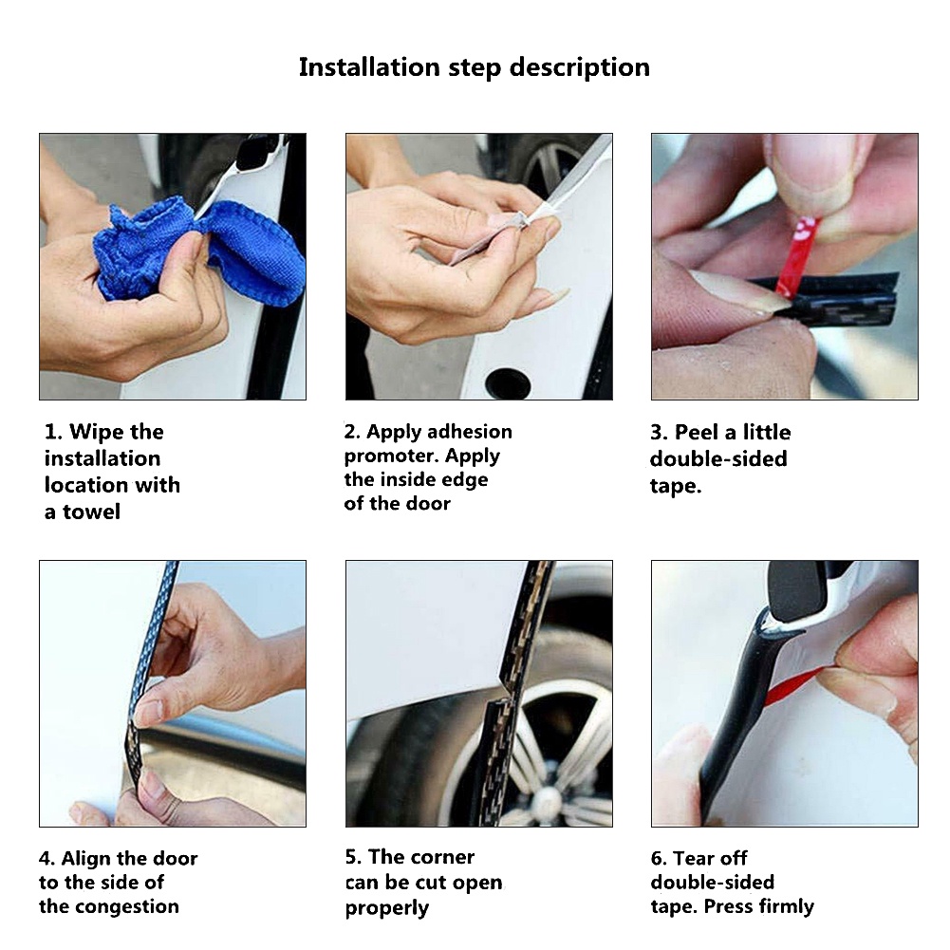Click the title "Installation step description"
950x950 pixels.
pos(475,68)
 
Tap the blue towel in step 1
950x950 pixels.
pos(200,251)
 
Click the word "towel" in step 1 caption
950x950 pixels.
pos(92,512)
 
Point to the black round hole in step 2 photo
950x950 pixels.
pos(509,382)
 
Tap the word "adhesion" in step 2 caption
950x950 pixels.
pos(470,432)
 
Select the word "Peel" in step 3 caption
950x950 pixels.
pos(697,433)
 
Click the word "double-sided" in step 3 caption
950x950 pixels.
pos(718,459)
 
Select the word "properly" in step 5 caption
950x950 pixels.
pos(387,908)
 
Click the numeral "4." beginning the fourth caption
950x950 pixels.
pos(47,859)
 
